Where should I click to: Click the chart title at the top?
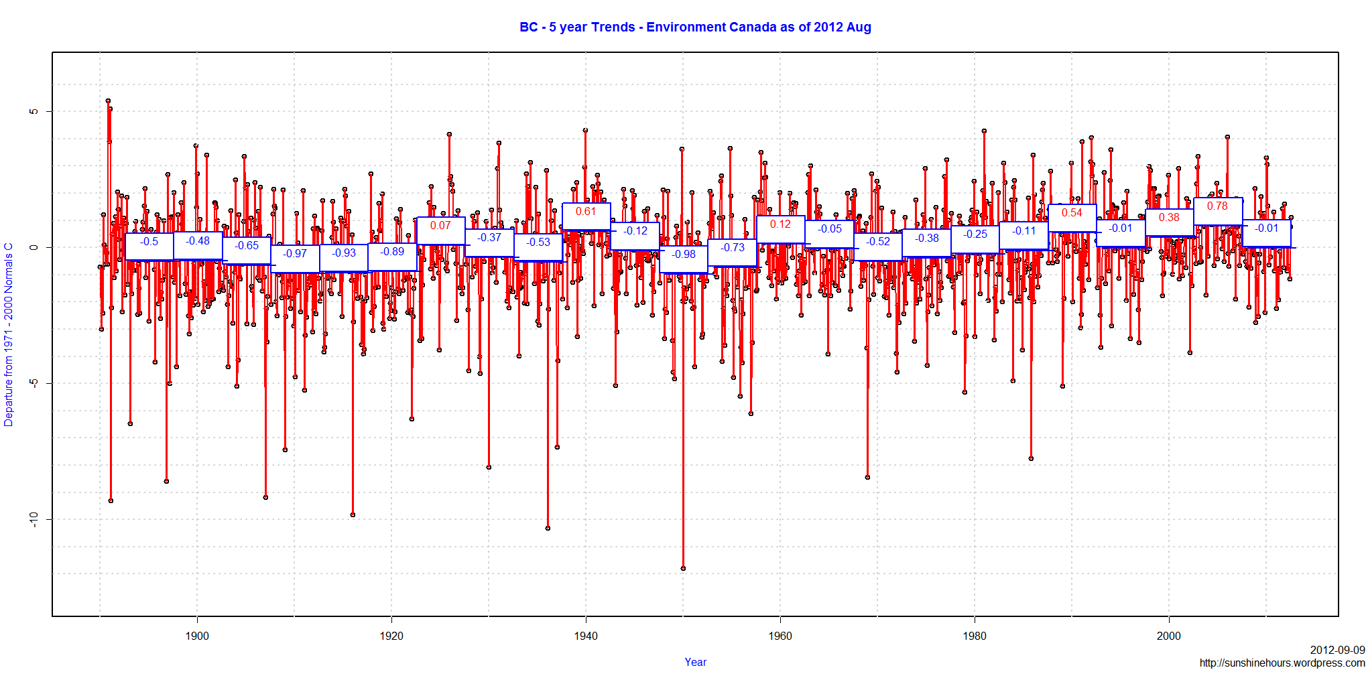695,27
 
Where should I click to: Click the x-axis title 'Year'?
695,662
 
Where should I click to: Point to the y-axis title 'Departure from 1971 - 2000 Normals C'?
9,334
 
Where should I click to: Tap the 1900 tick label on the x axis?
197,636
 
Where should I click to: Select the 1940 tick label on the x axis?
586,636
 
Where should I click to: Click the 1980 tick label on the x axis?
975,636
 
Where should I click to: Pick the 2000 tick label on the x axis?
1169,636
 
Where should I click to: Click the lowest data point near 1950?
683,568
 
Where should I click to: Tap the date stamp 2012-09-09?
1337,650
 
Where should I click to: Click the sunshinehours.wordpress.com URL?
1282,663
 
